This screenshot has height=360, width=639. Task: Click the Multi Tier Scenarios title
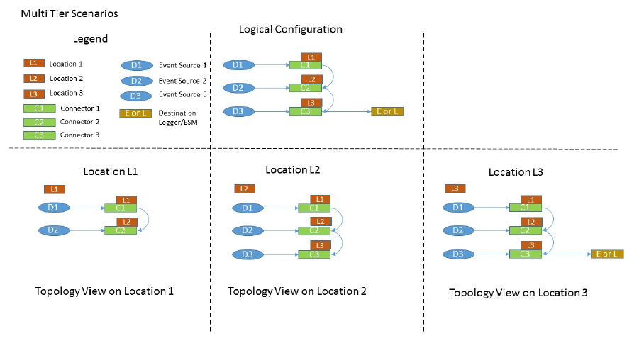[60, 13]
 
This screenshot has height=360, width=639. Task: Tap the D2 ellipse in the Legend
[135, 81]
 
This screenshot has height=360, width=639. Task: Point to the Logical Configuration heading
[290, 29]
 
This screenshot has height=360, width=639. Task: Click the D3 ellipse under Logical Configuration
[238, 111]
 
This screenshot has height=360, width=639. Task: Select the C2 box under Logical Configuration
[306, 88]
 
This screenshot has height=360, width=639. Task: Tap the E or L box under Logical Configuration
[387, 111]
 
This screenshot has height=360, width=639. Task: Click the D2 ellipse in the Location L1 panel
[53, 230]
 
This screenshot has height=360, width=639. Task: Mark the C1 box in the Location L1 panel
[120, 208]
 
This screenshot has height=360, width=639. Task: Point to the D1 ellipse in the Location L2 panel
[246, 208]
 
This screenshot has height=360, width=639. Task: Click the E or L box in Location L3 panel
[608, 254]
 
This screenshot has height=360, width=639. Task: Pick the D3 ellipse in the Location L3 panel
[457, 254]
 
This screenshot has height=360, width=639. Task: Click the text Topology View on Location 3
[518, 292]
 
